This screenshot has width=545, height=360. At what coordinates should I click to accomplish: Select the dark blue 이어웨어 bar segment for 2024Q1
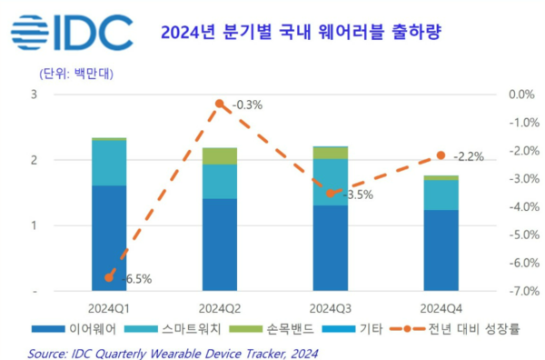(109, 238)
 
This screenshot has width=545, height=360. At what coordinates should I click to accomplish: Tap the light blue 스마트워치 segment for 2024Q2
(219, 182)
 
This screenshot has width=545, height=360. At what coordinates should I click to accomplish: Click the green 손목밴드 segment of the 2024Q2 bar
(219, 155)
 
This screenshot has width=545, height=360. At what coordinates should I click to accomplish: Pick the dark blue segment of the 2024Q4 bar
(441, 250)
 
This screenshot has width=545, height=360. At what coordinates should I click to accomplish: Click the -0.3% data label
(246, 105)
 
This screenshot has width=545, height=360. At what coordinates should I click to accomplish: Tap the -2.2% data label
(469, 156)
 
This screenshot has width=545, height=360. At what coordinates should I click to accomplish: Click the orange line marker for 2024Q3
(331, 193)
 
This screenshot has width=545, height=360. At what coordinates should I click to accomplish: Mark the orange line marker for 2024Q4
(441, 155)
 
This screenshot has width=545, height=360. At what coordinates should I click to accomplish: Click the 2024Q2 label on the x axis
(219, 307)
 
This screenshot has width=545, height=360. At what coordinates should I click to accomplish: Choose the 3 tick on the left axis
(34, 95)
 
